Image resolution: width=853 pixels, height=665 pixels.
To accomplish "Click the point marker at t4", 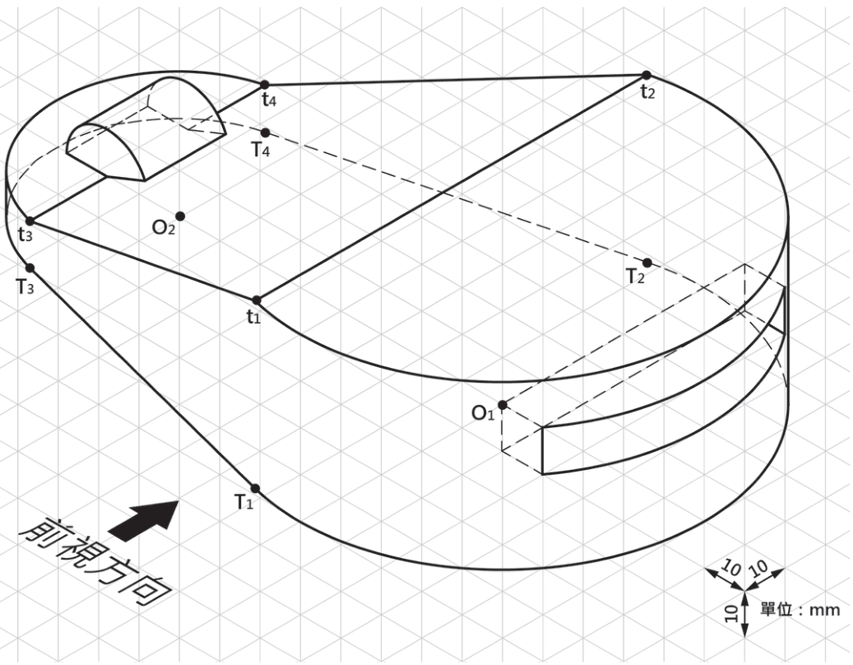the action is click(265, 84).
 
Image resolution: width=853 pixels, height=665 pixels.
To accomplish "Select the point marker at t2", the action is click(647, 75).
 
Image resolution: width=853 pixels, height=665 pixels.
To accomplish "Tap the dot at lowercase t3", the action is click(30, 221).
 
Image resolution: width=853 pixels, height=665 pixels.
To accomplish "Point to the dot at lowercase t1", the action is click(257, 300).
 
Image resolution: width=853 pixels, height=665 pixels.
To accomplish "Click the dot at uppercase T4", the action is click(266, 133).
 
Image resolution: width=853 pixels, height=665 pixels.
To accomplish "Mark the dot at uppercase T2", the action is click(647, 263).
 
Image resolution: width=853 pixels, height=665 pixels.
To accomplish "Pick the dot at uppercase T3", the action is click(30, 267).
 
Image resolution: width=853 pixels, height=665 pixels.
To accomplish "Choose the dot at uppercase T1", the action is click(255, 488).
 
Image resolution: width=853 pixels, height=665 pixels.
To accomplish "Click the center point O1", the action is click(503, 405).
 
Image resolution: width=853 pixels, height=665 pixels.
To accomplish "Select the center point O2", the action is click(180, 216).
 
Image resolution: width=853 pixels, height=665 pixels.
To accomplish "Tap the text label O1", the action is click(483, 414).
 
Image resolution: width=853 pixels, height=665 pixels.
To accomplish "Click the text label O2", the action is click(163, 227).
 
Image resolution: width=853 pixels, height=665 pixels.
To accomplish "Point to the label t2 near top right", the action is click(647, 92).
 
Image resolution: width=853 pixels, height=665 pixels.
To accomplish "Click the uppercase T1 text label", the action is click(243, 502).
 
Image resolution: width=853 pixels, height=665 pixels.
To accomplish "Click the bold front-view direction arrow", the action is click(144, 521).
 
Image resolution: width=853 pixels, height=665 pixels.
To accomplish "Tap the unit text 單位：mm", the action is click(800, 610).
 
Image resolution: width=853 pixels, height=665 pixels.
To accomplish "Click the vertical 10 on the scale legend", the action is click(732, 614).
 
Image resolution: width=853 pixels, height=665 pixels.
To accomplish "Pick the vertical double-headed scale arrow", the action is click(745, 614).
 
